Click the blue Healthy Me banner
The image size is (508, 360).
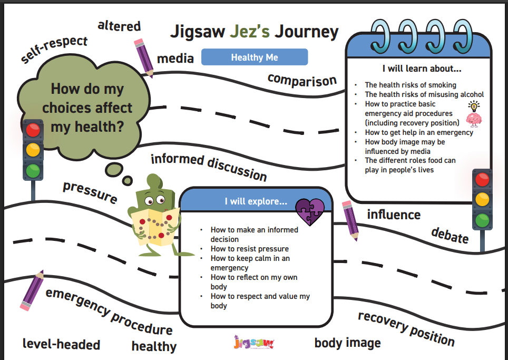point(254,57)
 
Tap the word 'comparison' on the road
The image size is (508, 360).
point(301,80)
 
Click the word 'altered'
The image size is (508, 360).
point(119,26)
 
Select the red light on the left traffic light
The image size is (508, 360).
point(33,130)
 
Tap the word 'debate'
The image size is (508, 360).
point(450,235)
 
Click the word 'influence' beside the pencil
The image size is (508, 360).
point(394,215)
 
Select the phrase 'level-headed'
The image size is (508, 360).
point(61,345)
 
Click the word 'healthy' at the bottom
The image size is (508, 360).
point(154,346)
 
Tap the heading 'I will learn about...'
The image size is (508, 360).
point(422,69)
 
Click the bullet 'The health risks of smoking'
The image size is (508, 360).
point(411,85)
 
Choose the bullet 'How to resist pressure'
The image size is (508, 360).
point(249,249)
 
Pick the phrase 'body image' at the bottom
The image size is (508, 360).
point(347,343)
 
